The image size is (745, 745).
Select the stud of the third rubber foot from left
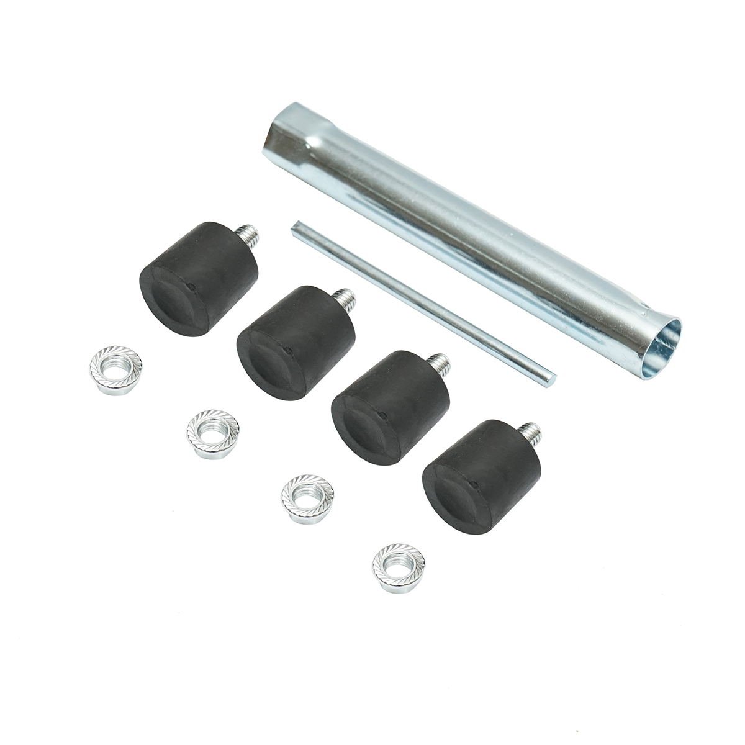pyautogui.click(x=439, y=361)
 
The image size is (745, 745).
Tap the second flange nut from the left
pyautogui.click(x=212, y=432)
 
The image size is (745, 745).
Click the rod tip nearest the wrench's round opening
pyautogui.click(x=552, y=374)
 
